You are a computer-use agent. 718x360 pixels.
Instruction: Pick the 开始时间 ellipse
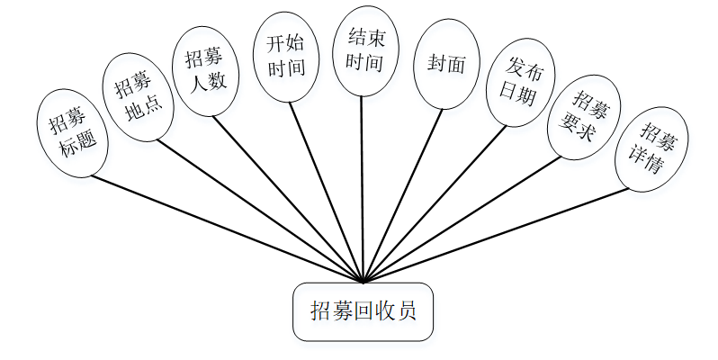pos(287,56)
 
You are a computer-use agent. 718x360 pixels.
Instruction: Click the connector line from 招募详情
pos(495,235)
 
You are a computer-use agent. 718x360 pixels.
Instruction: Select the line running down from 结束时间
pos(362,189)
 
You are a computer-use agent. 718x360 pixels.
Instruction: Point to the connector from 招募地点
pos(261,211)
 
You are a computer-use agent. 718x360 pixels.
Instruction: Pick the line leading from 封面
pos(402,195)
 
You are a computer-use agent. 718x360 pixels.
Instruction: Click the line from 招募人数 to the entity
pos(288,198)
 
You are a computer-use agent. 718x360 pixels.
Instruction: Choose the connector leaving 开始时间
pos(326,192)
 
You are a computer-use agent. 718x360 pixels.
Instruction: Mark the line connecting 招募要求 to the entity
pos(463,220)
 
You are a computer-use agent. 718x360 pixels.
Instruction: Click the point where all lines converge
pos(363,282)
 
